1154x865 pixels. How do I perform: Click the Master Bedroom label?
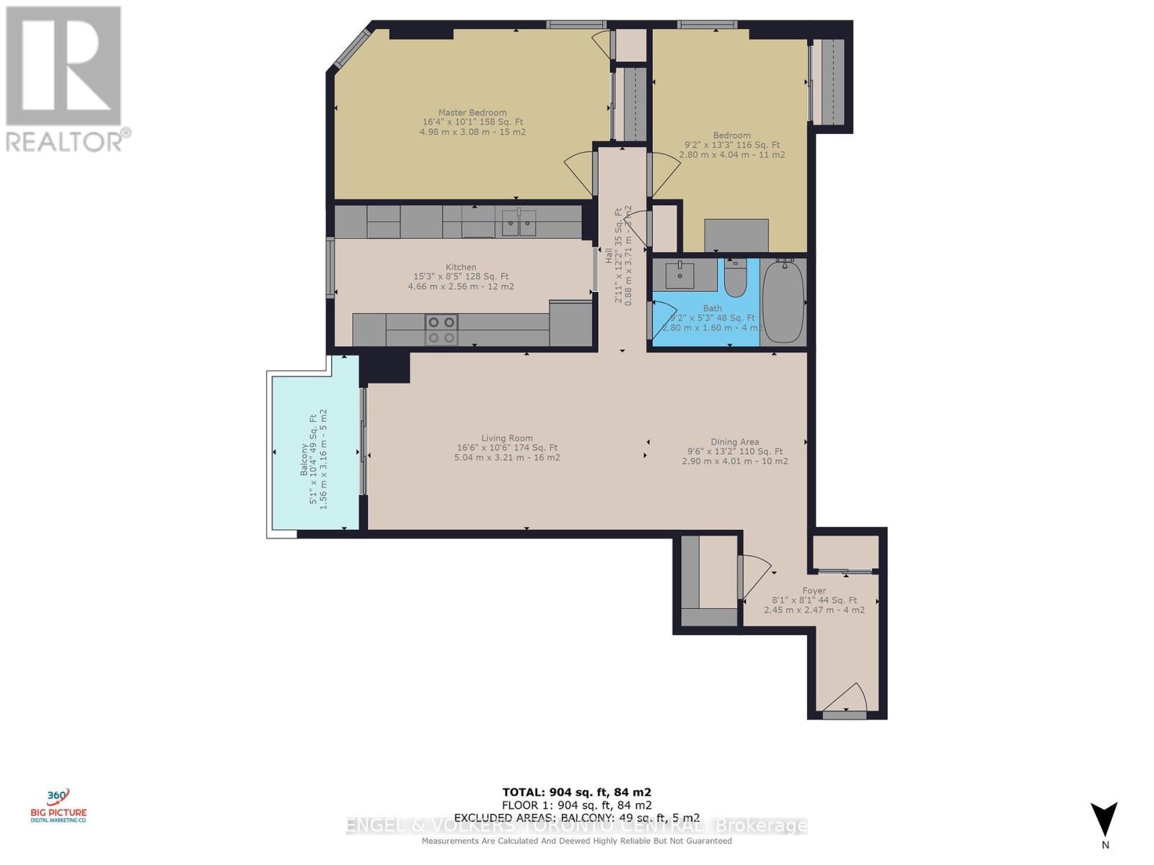coord(472,113)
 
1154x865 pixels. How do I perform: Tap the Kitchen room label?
coord(460,267)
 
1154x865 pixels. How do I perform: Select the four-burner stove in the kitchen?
coord(441,330)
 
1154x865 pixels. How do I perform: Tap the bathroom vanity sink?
coord(679,275)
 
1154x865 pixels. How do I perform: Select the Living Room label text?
coord(507,438)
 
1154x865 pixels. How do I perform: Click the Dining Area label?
coord(734,443)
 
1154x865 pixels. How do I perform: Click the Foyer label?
coord(814,590)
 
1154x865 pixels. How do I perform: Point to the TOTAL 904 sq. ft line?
coord(576,792)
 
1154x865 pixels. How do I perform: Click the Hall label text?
coord(608,255)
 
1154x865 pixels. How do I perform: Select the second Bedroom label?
coord(731,136)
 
